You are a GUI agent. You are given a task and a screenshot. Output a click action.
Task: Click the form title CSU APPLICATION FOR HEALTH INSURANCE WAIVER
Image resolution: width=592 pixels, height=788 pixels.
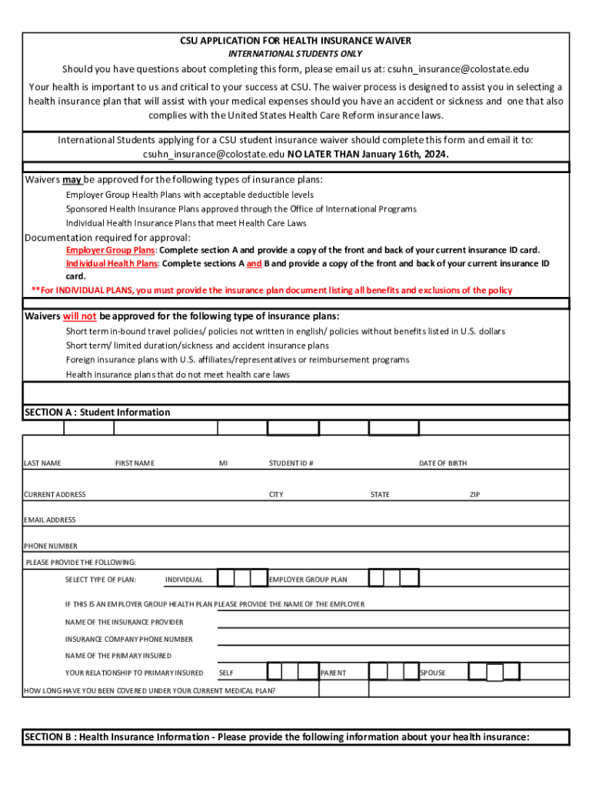296,41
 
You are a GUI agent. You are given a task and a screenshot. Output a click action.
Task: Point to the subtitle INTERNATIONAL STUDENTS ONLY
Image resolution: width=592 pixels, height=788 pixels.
296,54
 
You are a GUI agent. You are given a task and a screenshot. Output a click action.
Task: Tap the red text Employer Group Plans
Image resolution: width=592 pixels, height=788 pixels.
111,250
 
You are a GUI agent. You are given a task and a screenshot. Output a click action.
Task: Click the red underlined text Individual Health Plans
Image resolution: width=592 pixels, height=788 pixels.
111,263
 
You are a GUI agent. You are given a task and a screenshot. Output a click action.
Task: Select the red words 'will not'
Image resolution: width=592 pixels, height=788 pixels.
80,316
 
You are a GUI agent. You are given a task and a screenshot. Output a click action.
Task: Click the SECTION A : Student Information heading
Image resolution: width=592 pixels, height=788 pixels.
98,412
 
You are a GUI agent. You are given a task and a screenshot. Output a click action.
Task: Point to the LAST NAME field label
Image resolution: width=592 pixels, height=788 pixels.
43,463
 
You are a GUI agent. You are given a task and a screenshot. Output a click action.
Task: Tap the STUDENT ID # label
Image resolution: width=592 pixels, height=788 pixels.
291,463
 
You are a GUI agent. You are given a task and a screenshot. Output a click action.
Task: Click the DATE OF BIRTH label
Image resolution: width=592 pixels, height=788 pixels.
443,463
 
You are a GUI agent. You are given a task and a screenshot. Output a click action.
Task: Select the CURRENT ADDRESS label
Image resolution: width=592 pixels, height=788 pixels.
55,495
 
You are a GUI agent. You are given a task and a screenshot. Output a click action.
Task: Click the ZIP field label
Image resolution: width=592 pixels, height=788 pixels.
475,495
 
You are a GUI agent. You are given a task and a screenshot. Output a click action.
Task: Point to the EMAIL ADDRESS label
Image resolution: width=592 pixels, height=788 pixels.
50,520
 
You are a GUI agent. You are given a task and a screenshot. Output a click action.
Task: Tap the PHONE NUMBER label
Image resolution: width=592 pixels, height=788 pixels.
51,546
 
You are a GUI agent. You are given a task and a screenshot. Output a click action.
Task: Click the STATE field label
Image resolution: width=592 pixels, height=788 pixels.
380,495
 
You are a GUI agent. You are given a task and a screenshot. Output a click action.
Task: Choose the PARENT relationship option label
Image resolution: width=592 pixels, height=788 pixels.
334,673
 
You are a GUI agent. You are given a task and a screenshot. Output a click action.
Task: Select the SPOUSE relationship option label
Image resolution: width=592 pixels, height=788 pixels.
433,673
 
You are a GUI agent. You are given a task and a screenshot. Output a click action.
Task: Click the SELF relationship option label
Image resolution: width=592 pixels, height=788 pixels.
227,673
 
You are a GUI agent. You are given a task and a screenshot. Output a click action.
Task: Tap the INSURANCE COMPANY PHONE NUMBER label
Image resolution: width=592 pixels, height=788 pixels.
129,639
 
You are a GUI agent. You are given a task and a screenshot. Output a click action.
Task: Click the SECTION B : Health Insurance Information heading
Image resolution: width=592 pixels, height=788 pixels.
278,737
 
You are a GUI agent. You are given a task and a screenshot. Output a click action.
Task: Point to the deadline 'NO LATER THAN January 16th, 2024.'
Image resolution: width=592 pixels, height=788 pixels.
368,154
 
